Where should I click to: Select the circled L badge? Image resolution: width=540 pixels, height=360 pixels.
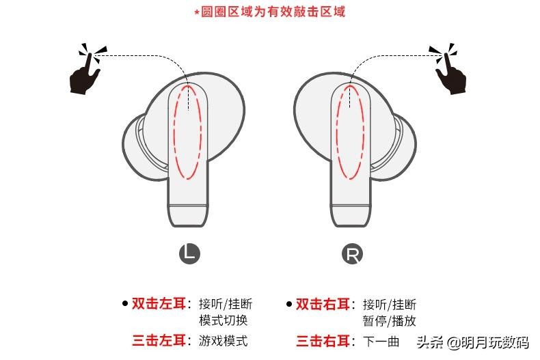pos(189,254)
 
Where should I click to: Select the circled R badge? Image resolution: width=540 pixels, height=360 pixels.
pos(352,254)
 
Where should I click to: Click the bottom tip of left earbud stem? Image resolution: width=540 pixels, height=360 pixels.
pos(187,219)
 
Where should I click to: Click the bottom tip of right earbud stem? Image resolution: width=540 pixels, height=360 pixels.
pos(351,219)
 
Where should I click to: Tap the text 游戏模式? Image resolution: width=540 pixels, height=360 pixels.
pos(223,340)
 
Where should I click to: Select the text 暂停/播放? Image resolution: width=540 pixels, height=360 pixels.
pos(389,320)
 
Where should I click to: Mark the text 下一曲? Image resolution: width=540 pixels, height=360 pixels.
pos(381,341)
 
